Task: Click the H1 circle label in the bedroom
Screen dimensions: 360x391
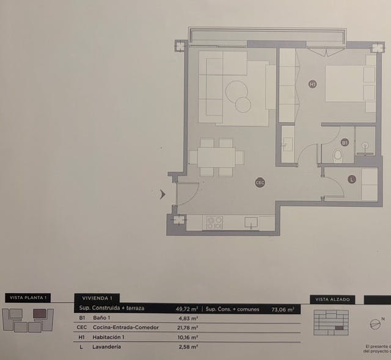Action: tap(312, 84)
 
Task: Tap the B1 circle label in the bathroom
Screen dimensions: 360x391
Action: tap(345, 142)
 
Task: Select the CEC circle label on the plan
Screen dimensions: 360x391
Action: tap(260, 182)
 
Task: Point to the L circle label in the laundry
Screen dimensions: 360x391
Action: tap(351, 179)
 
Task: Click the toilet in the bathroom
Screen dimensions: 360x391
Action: tap(337, 157)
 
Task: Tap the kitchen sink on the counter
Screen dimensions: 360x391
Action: tap(251, 223)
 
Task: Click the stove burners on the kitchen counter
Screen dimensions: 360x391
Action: tap(214, 223)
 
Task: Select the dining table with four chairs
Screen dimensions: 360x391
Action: tap(216, 157)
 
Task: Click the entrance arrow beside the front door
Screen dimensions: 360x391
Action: tap(163, 195)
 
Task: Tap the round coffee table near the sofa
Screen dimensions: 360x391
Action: tap(238, 95)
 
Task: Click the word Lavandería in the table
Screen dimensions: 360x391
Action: tap(107, 347)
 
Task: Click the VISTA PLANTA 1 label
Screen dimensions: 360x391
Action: tap(27, 298)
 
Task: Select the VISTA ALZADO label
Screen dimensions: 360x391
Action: tap(333, 300)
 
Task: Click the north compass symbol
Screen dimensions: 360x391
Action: tap(375, 324)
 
